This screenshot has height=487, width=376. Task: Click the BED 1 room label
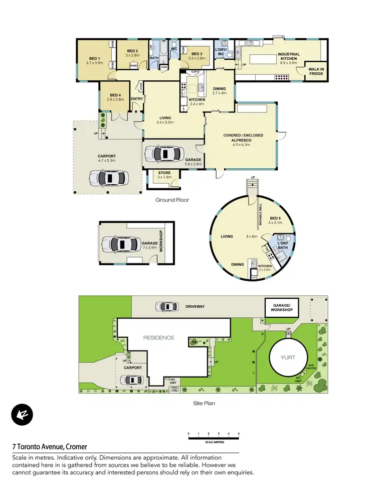(94, 60)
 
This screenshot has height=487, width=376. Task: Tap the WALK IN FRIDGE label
(316, 71)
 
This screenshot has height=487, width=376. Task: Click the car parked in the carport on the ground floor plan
(108, 177)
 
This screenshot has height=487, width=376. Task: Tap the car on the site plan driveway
(166, 306)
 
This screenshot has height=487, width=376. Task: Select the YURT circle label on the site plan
(288, 357)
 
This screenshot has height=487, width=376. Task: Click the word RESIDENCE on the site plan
(159, 337)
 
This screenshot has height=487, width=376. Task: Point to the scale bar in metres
(214, 438)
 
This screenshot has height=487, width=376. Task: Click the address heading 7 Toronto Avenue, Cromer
(50, 446)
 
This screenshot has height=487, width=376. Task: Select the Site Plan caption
(204, 403)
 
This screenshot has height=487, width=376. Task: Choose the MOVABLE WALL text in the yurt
(260, 214)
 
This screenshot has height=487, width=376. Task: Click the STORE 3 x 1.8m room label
(164, 175)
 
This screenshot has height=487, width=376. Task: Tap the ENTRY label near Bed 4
(136, 99)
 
